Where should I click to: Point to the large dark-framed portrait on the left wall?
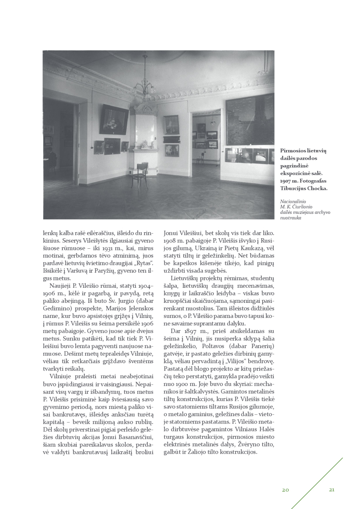tap(114, 120)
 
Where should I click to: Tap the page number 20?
tap(285, 490)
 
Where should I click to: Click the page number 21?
tap(331, 490)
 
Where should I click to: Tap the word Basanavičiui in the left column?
tap(137, 437)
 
